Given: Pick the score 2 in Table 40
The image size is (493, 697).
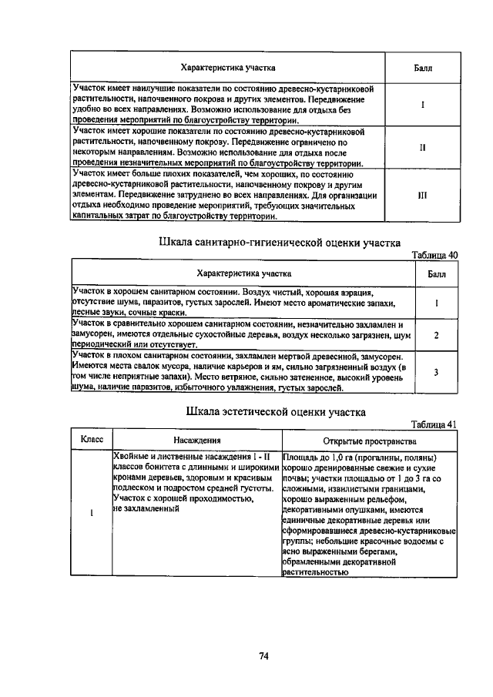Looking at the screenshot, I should coord(436,336).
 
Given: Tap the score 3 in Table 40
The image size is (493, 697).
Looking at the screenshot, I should coord(436,373).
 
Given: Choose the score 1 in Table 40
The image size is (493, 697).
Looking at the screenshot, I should coord(436,303).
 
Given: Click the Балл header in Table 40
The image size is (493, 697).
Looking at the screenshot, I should coord(436,273).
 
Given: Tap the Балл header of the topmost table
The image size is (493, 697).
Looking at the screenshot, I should coord(422,69).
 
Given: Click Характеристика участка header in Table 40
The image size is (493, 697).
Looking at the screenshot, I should coord(243,273).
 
